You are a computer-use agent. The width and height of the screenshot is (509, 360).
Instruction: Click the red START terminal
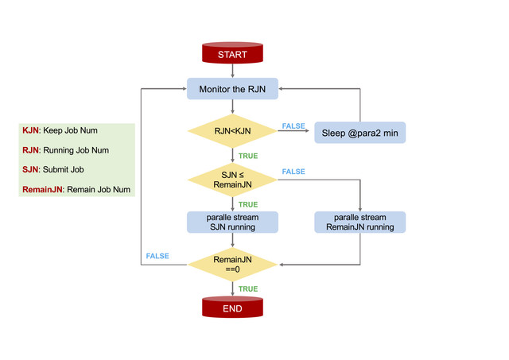point(232,54)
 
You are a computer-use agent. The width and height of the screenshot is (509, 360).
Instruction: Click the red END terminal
point(232,308)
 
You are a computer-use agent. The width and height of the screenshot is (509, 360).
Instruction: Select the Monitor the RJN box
point(232,89)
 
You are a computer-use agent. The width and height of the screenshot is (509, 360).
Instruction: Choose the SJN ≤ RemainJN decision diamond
point(232,179)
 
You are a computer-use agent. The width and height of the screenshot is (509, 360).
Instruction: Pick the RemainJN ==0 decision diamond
point(232,264)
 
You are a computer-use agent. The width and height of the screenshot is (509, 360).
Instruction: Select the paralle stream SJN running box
point(232,222)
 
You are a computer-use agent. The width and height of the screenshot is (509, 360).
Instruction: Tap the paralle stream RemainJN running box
point(359,222)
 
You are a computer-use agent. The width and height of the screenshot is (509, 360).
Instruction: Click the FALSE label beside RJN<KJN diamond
point(293,126)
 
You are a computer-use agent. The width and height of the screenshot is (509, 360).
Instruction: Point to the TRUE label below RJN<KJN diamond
point(248,156)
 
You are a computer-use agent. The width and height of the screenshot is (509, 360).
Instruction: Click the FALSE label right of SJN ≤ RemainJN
point(293,172)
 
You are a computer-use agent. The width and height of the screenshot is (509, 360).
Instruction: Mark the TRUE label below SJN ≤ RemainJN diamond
point(248,204)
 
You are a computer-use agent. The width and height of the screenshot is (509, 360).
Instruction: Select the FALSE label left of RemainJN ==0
point(157,256)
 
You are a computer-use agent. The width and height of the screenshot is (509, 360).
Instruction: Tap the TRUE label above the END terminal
point(248,288)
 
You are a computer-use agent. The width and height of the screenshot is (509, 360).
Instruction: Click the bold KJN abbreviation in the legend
point(30,130)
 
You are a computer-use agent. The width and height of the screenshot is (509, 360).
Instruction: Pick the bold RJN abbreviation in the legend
point(30,150)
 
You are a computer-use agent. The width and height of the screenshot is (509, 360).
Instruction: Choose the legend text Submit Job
point(65,169)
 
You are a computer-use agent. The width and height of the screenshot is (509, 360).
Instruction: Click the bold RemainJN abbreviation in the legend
point(42,189)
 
